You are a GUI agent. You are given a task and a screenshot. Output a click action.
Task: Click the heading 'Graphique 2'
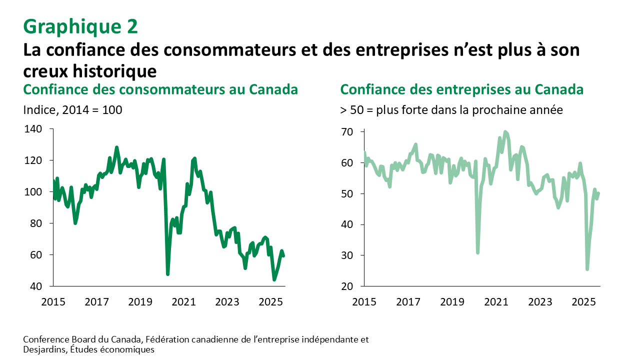coord(80,26)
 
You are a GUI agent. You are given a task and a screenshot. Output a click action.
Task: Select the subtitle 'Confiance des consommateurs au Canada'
coord(160,90)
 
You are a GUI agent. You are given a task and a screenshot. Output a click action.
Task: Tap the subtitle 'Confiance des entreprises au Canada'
coord(462,90)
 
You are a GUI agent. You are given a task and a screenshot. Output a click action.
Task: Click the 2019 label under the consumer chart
coord(140,302)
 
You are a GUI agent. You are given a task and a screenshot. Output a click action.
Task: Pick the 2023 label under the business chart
coord(539,302)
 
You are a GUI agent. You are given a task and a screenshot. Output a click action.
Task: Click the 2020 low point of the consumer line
coord(167,274)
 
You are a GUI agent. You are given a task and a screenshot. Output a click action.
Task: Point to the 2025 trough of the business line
coord(587,269)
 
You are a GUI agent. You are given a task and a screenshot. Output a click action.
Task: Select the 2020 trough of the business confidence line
coord(477,253)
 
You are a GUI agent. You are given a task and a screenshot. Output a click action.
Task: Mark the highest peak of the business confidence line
coord(505,131)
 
